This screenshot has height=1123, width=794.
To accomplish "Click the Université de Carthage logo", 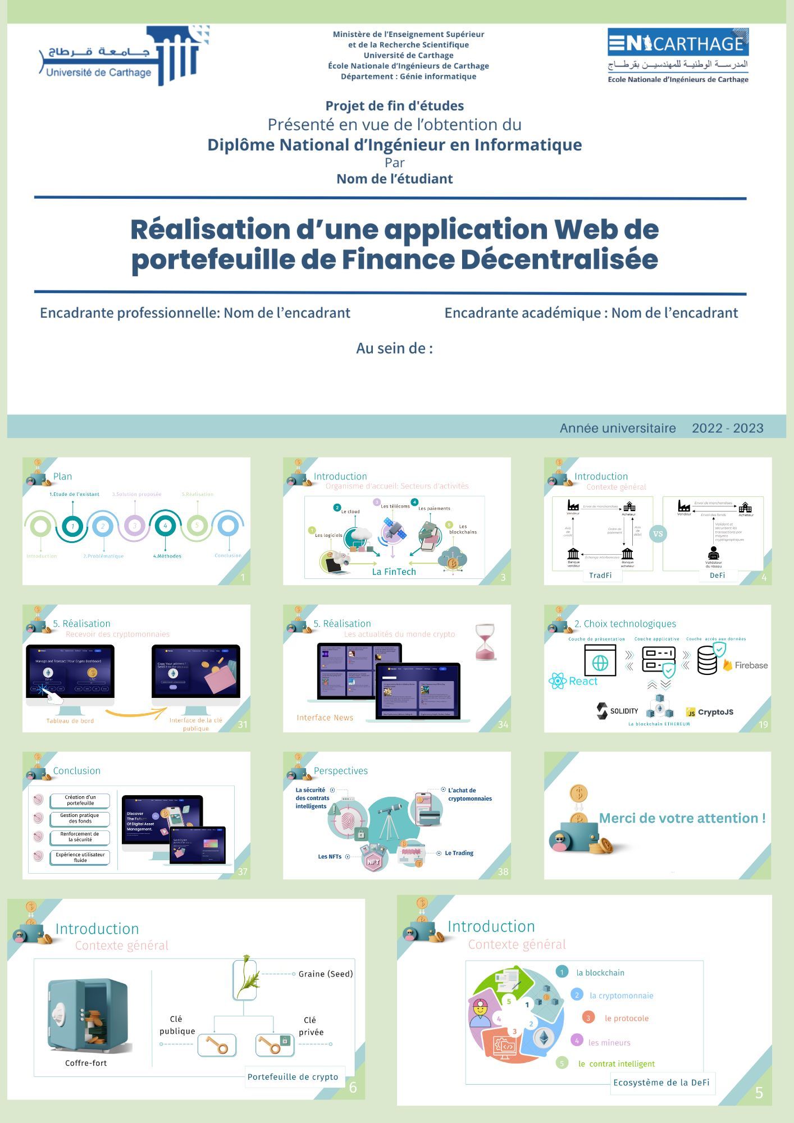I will point(121,56).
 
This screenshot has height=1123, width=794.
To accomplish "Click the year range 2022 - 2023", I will point(727,428).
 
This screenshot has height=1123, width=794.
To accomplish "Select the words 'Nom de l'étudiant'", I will point(394,179).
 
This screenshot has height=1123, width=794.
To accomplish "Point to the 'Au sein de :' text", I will point(394,348).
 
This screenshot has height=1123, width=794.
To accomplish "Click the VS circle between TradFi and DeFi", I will point(658,533).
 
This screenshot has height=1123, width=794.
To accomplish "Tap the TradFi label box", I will point(600,575).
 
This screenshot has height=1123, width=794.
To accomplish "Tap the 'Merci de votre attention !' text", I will point(682,818).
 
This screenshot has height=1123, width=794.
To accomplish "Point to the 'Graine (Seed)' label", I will point(326,974).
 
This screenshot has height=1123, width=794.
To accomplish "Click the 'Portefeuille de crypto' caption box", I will point(293,1076).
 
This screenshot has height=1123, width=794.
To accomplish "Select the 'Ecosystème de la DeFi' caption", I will point(661,1082).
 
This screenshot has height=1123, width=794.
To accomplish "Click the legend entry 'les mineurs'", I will point(609,1043).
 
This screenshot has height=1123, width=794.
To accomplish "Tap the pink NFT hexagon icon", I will point(373,861).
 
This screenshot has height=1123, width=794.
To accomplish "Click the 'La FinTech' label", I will point(394,572).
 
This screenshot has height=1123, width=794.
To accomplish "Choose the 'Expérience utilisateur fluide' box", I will point(80,857).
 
